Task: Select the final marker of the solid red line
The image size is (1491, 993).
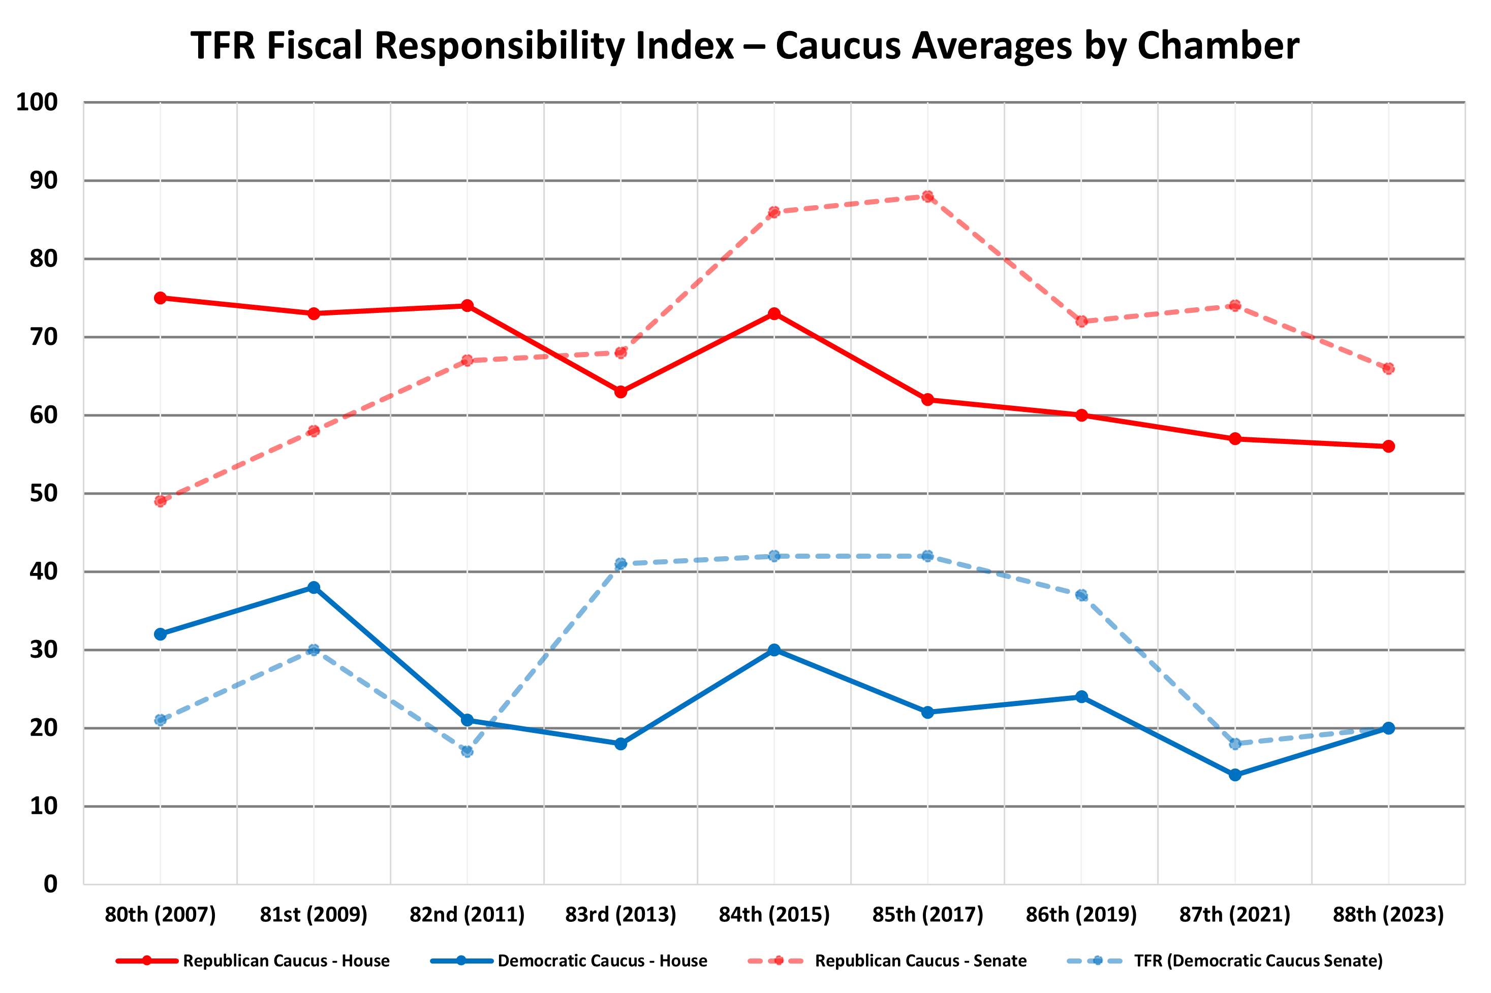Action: coord(1388,446)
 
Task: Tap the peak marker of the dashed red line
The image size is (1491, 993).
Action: coord(927,197)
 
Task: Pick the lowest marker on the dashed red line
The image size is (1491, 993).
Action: coord(160,501)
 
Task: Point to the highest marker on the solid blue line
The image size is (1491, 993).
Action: coord(314,587)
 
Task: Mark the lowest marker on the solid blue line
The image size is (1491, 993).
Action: coord(1235,775)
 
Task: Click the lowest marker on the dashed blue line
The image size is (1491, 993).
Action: coord(467,751)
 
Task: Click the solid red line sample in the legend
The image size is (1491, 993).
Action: coord(146,960)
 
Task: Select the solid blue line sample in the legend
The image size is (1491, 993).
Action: coord(461,960)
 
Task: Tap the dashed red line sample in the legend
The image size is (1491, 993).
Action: coord(776,960)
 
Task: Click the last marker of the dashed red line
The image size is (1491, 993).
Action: coord(1388,369)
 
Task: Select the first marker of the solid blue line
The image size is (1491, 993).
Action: coord(160,634)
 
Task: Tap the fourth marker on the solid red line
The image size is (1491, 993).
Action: coord(621,392)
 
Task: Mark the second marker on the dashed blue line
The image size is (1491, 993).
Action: coord(314,650)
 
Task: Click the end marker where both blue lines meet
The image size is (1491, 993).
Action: coord(1388,728)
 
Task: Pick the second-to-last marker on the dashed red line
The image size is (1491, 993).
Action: coord(1235,306)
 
